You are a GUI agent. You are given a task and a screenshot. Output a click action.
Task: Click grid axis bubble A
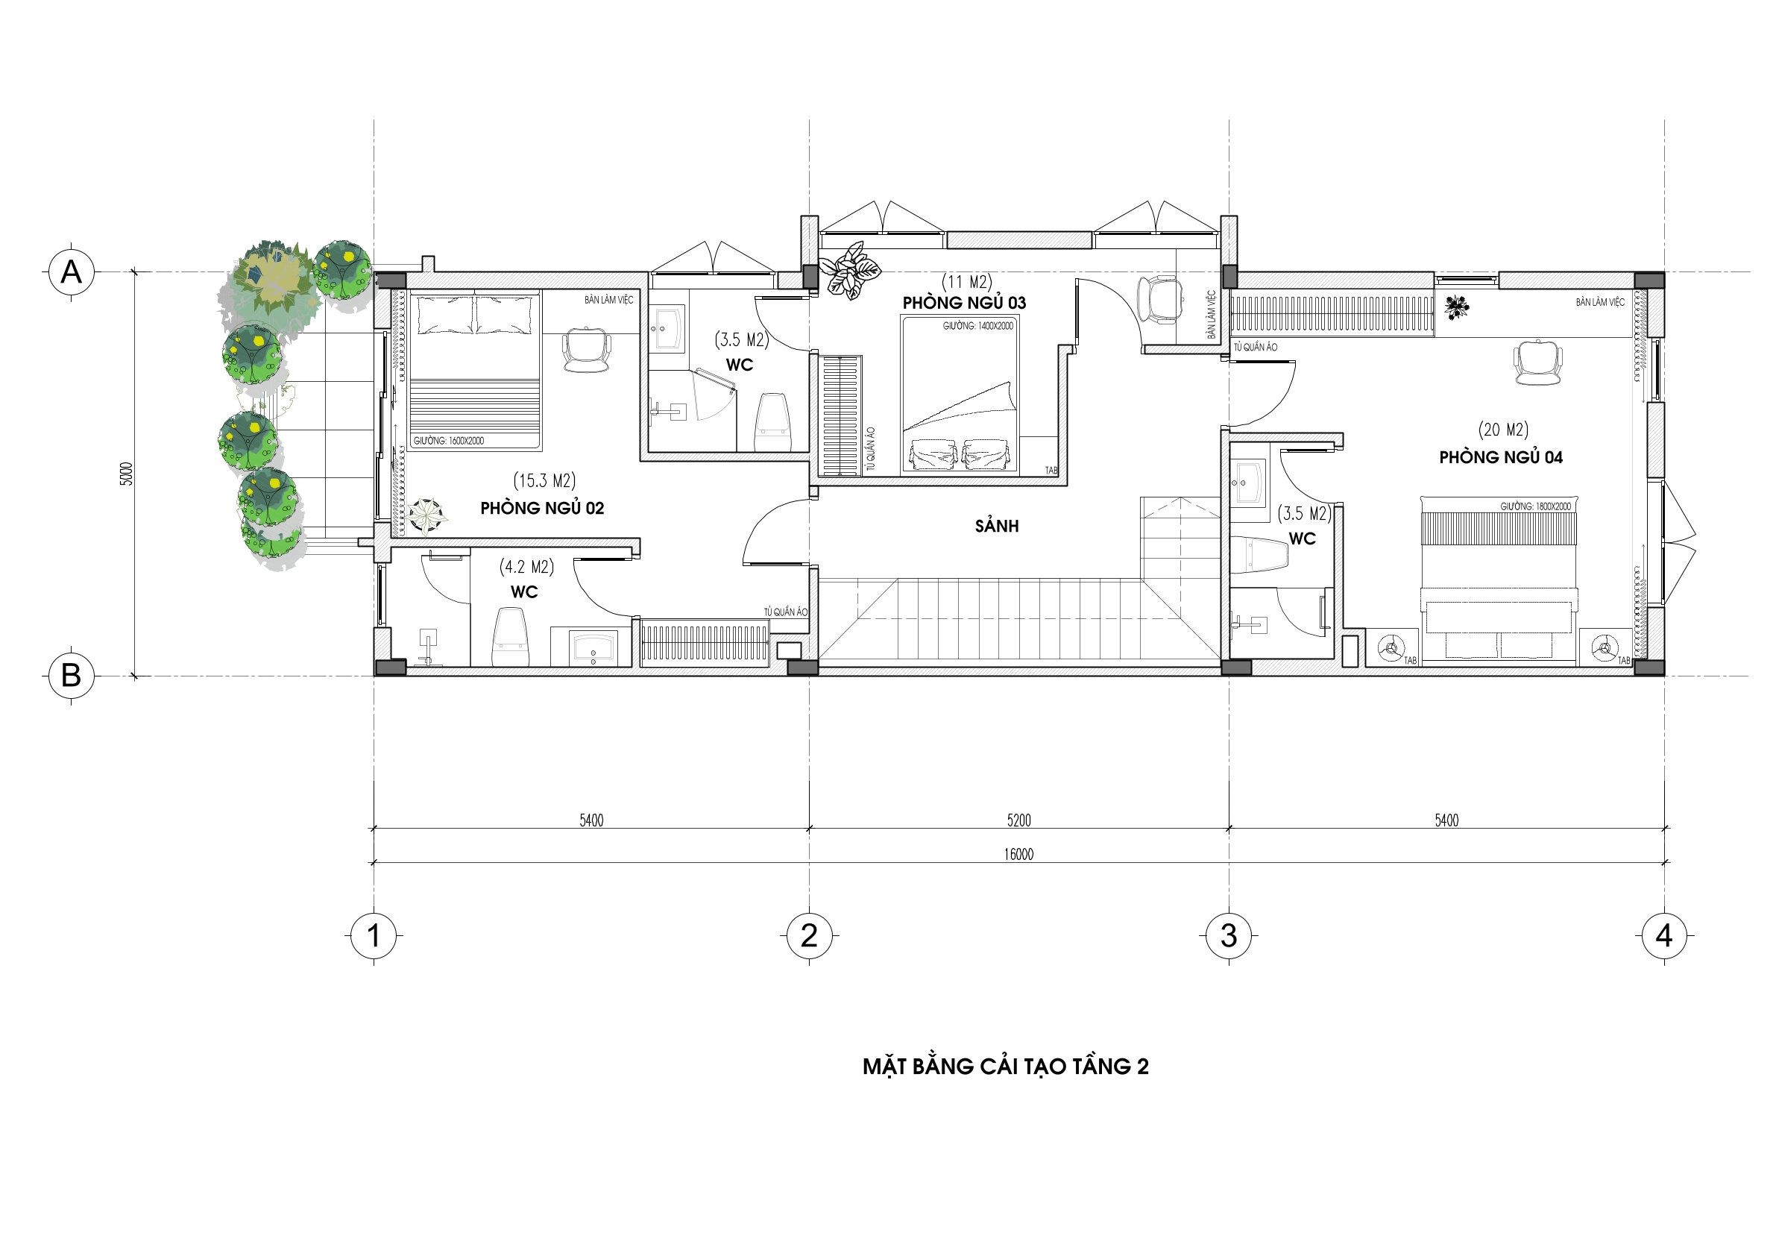click(71, 271)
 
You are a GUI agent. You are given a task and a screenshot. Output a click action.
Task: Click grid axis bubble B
click(71, 676)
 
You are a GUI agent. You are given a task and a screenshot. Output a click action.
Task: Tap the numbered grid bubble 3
click(1228, 935)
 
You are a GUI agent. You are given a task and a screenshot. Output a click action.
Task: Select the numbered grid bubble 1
click(374, 935)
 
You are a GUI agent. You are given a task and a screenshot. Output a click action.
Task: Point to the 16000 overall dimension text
click(1018, 854)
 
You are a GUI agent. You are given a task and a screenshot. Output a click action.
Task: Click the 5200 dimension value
click(1018, 820)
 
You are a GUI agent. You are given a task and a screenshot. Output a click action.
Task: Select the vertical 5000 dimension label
click(127, 474)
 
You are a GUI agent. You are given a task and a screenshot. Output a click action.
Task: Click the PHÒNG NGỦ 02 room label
click(541, 509)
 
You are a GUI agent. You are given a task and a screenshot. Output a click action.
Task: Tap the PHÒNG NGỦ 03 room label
click(964, 303)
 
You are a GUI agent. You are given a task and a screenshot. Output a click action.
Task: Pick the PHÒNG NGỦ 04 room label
click(1501, 457)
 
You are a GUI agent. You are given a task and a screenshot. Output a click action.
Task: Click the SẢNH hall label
click(996, 527)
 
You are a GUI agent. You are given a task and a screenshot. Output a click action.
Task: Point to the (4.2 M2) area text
click(527, 568)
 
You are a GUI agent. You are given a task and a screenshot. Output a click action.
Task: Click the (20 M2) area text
click(1503, 430)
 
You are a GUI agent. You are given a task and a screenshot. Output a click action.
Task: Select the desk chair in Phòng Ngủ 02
click(586, 350)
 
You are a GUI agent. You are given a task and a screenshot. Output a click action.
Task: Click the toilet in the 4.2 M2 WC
click(511, 636)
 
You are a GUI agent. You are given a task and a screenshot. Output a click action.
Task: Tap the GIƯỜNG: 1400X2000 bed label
click(977, 326)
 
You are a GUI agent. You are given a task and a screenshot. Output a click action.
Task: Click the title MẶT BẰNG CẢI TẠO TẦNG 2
click(1006, 1067)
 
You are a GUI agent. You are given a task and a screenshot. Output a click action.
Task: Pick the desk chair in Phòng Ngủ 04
click(1537, 362)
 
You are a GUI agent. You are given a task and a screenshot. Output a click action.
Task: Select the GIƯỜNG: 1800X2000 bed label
click(1535, 506)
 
